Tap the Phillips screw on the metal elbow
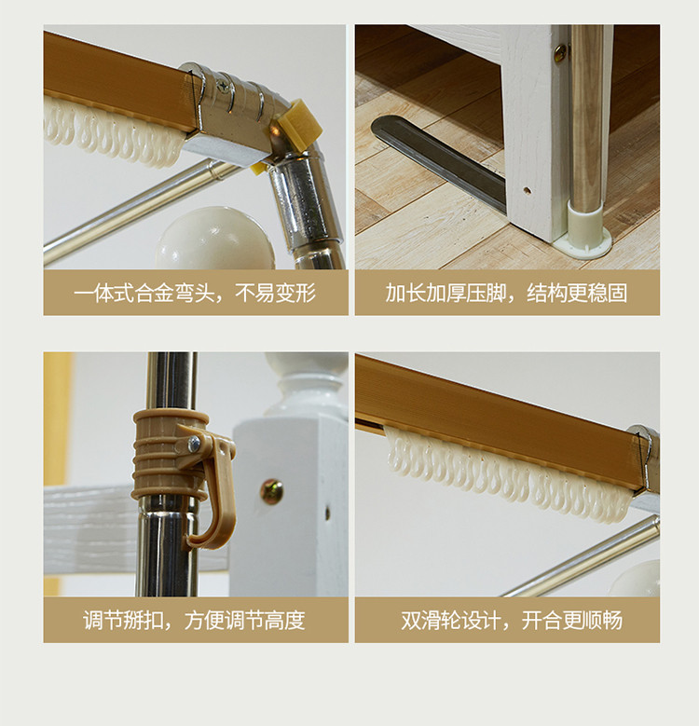224,85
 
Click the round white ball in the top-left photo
215,239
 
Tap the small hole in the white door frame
527,190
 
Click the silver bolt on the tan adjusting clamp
195,444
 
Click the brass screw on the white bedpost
271,492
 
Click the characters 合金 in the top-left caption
155,293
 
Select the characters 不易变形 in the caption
276,293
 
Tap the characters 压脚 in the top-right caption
487,293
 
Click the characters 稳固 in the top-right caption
608,293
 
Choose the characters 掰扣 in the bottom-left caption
144,620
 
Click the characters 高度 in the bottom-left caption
285,620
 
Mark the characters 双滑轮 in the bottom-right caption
431,620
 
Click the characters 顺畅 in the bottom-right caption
602,620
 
